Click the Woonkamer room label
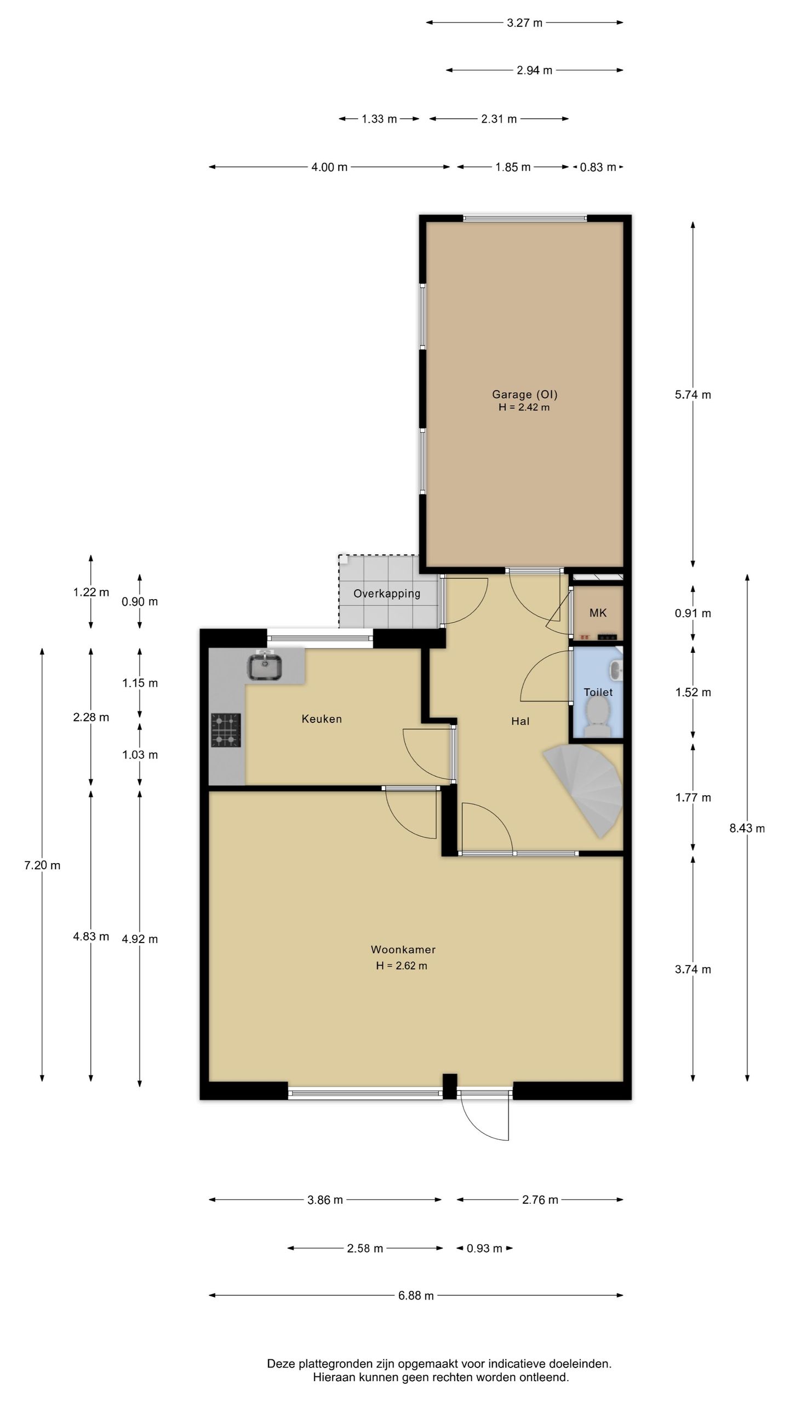coord(403,949)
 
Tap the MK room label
coord(598,613)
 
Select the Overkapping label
coord(387,594)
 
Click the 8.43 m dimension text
coord(747,828)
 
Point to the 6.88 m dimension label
coord(416,1295)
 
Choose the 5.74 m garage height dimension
coord(693,394)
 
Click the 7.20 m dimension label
coord(42,865)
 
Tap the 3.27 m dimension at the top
coord(524,22)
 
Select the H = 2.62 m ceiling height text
coord(402,966)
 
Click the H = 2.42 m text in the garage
coord(524,407)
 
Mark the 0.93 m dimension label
coord(484,1248)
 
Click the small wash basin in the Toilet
coord(616,669)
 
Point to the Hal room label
coord(520,721)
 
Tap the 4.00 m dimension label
coord(329,167)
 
